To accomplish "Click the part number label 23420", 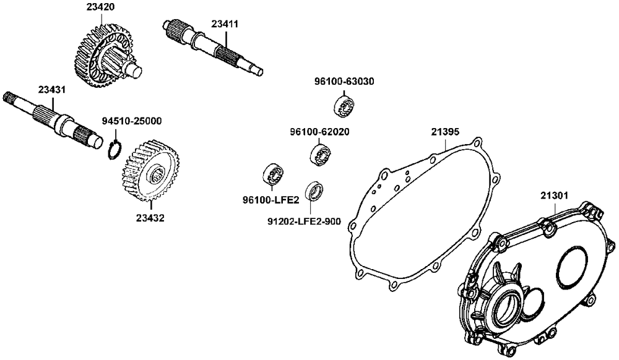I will [x=100, y=8].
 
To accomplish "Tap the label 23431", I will [x=52, y=90].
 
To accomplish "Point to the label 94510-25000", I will [x=132, y=121].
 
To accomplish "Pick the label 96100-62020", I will [x=319, y=132].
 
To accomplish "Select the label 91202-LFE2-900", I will [x=304, y=221].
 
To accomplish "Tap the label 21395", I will [x=445, y=132].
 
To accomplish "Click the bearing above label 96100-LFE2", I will [x=272, y=175].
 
